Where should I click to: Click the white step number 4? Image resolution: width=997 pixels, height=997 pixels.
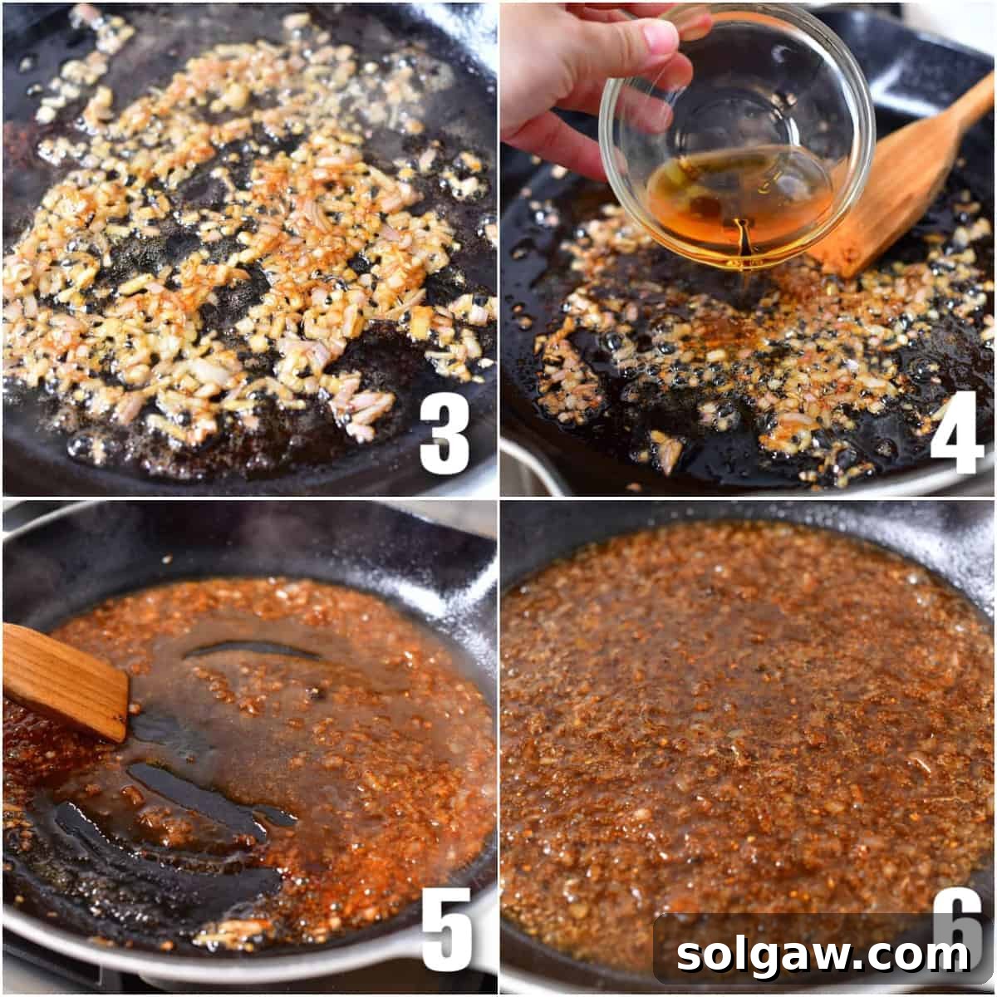point(956,433)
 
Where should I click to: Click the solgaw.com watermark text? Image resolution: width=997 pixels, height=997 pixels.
point(823,955)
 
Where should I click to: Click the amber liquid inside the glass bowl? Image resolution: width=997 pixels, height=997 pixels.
point(739,199)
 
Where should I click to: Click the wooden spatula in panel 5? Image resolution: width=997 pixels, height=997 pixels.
point(62,681)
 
